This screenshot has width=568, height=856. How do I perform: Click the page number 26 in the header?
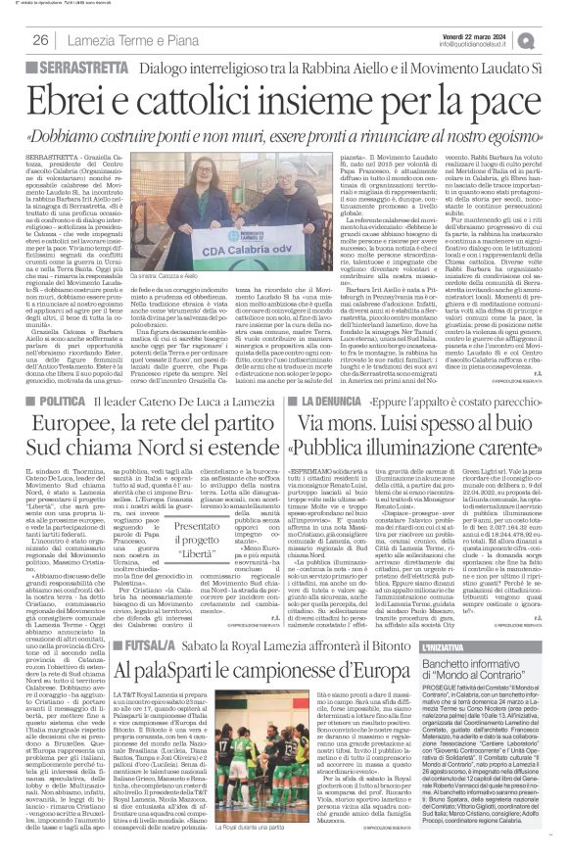(41, 39)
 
